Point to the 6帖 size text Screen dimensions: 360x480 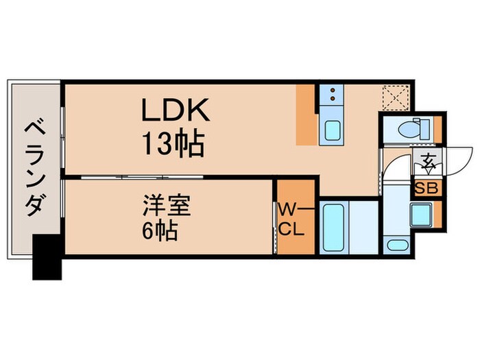pyautogui.click(x=160, y=230)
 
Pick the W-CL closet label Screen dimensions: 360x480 pyautogui.click(x=291, y=217)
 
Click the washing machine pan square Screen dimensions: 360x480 pyautogui.click(x=420, y=217)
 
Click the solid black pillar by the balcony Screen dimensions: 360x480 pyautogui.click(x=47, y=258)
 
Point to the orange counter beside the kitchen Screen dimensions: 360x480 pyautogui.click(x=306, y=115)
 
